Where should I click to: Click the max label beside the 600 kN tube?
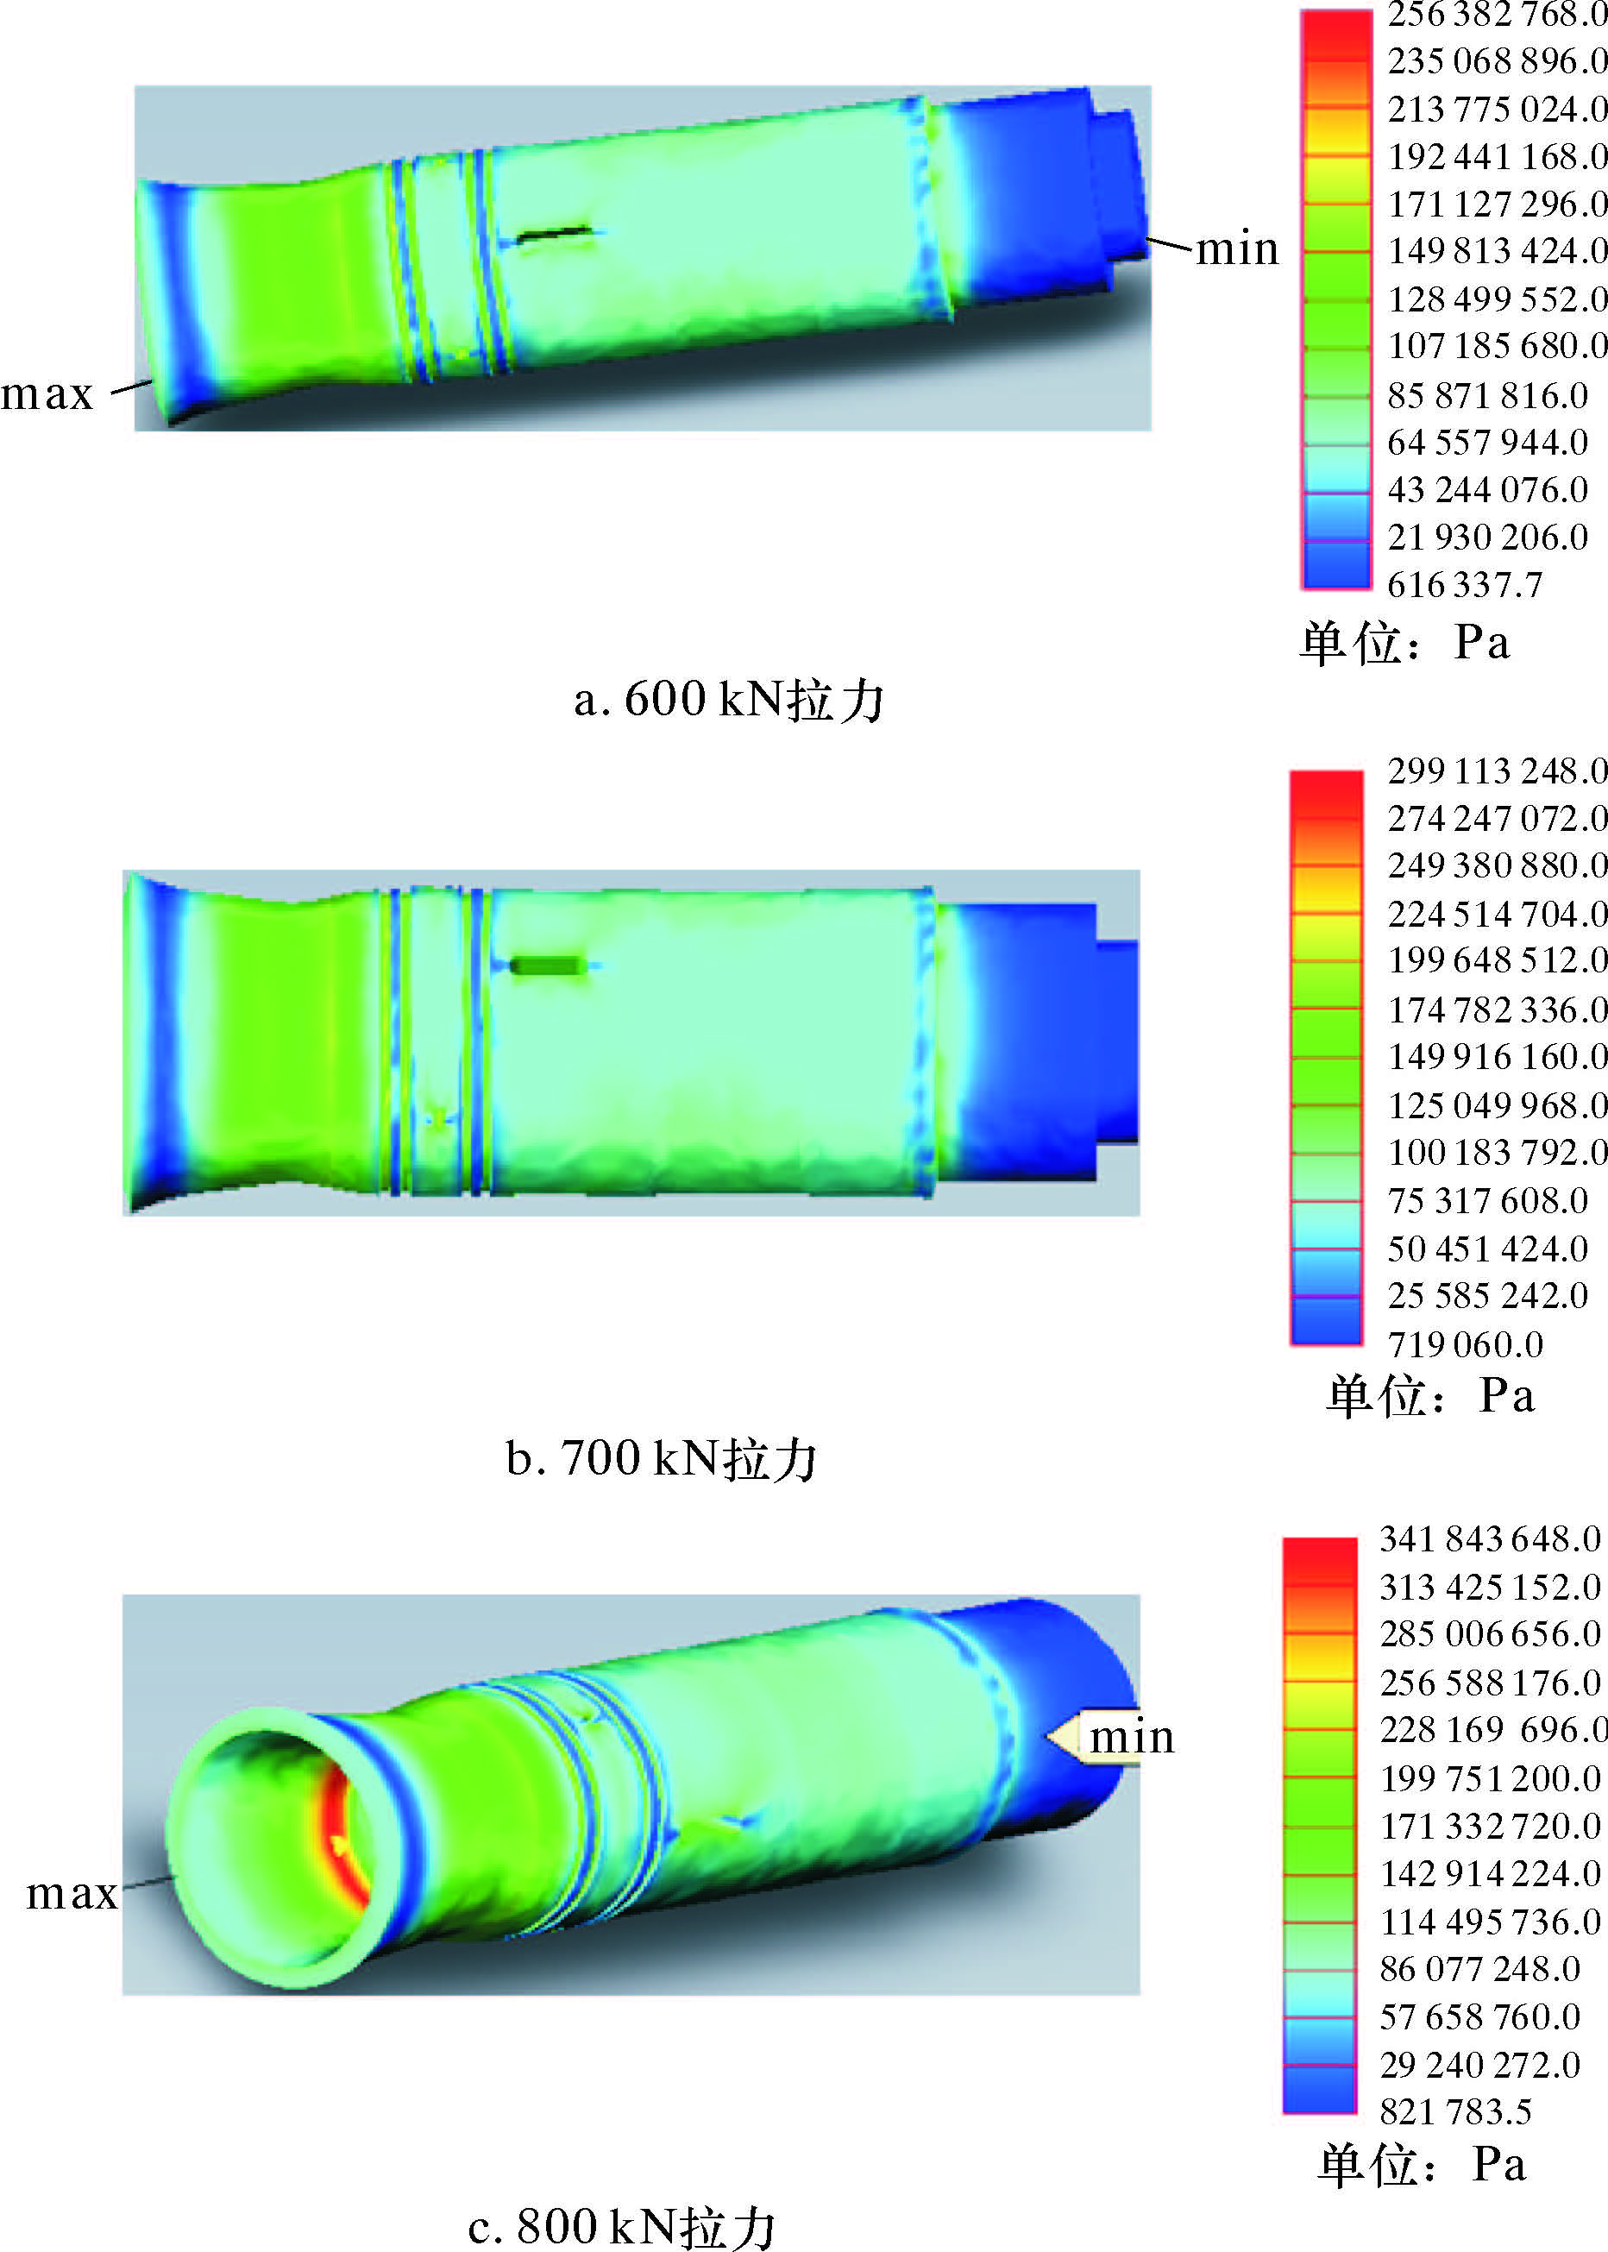(x=47, y=395)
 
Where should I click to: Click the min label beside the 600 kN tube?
(x=1237, y=248)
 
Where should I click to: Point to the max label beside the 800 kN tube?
(x=72, y=1895)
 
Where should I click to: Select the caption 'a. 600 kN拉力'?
(x=728, y=700)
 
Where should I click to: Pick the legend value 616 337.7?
(x=1465, y=584)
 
